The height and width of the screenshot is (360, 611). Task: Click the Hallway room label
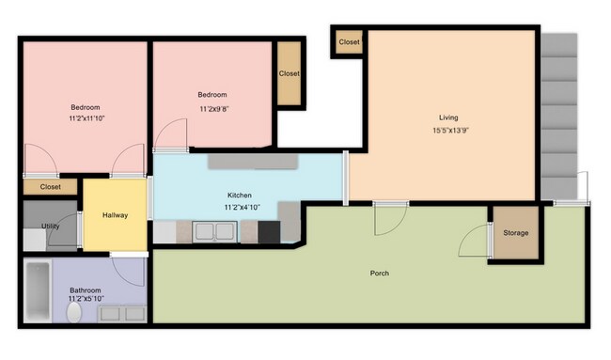[115, 215]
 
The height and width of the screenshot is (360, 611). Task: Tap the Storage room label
[515, 233]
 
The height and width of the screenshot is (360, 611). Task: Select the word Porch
[380, 274]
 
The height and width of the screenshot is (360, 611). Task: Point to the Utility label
[50, 226]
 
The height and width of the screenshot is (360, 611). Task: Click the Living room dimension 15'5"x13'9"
[450, 130]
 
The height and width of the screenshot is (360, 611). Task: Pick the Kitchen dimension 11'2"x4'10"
[242, 208]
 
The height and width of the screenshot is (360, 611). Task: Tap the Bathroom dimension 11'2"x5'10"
[86, 299]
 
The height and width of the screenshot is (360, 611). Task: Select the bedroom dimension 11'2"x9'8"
[214, 109]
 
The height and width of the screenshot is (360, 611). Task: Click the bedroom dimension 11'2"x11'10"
[86, 118]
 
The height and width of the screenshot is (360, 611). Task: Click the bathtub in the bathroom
[38, 290]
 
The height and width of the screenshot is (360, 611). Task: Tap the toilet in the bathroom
[74, 312]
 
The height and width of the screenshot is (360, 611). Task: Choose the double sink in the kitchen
[214, 232]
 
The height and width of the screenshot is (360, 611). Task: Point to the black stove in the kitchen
[269, 232]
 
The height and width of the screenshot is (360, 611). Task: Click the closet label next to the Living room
[349, 42]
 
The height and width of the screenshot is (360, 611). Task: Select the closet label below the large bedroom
[50, 187]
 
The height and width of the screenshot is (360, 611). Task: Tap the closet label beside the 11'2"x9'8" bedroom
[290, 73]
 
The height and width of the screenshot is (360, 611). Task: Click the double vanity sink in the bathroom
[122, 314]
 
